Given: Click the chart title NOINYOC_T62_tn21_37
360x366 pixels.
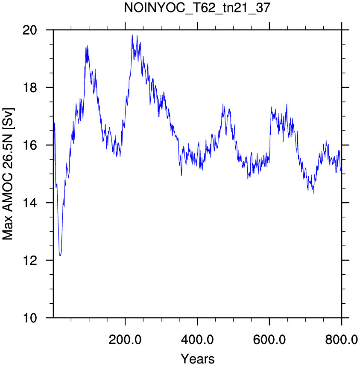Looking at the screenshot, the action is [197, 8].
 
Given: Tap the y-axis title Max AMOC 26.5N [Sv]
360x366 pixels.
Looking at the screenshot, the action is [8, 174].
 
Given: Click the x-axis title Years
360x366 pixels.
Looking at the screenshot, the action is [197, 358].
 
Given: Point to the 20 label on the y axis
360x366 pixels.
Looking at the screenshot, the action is [29, 30].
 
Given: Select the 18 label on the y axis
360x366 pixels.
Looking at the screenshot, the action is [29, 87].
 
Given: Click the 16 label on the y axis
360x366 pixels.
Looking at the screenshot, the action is [29, 145].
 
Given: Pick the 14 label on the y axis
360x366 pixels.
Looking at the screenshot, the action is [29, 203].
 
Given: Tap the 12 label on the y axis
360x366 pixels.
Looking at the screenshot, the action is [29, 260].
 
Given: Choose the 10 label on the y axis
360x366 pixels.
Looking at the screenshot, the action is [29, 318].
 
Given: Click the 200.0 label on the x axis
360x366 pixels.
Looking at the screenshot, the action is [125, 340].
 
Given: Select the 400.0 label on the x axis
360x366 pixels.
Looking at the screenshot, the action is [197, 340].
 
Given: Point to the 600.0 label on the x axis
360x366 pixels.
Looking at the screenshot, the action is [269, 340].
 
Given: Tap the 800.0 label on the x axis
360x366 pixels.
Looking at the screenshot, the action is [342, 340].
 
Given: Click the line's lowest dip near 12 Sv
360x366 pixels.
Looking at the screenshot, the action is [60, 256].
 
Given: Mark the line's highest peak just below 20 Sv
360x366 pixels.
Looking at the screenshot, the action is [132, 35].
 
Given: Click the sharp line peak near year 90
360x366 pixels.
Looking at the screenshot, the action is [87, 46].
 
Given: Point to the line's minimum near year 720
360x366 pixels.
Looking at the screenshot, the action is [314, 194].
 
